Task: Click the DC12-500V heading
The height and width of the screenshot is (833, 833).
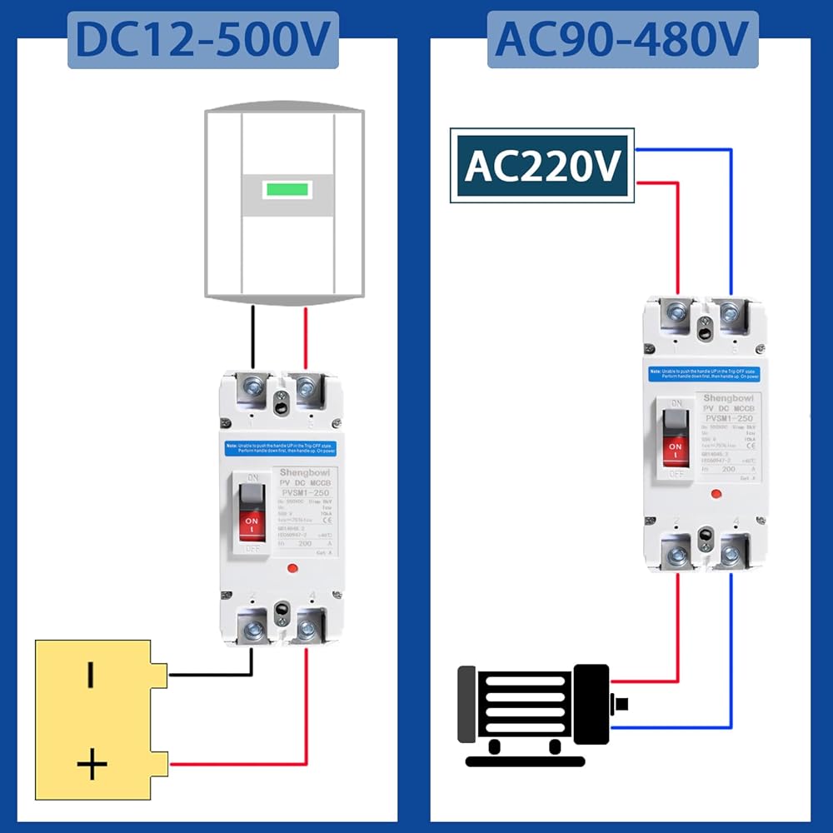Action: tap(203, 40)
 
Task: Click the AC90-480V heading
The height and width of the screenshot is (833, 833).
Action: tap(622, 40)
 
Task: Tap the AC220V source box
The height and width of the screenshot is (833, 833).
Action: tap(542, 165)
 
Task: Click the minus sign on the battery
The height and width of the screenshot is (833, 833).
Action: tap(90, 675)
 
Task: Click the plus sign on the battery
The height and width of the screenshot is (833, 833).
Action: tap(92, 763)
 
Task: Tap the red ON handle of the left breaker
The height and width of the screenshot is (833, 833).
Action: tap(251, 524)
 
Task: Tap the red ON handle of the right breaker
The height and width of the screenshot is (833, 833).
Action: tap(676, 451)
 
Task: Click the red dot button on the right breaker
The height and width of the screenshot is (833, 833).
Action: tap(716, 494)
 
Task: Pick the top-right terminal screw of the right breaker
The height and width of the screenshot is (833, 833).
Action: tap(731, 313)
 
